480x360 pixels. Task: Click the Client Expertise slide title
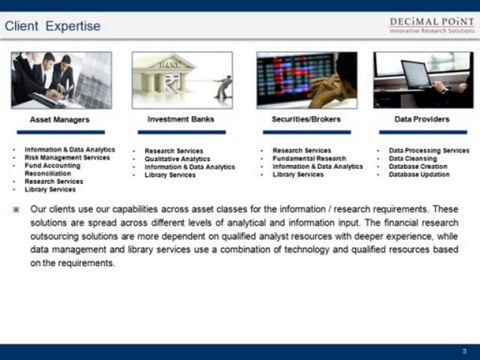click(52, 25)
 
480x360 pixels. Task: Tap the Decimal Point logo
click(431, 24)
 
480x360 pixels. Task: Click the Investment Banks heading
click(181, 119)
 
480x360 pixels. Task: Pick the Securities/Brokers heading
click(306, 119)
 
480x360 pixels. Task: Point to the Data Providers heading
click(421, 119)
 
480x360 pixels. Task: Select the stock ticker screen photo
click(306, 80)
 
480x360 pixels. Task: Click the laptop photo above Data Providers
click(421, 80)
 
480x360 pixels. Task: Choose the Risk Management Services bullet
click(68, 158)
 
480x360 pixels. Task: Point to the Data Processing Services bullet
click(429, 150)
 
